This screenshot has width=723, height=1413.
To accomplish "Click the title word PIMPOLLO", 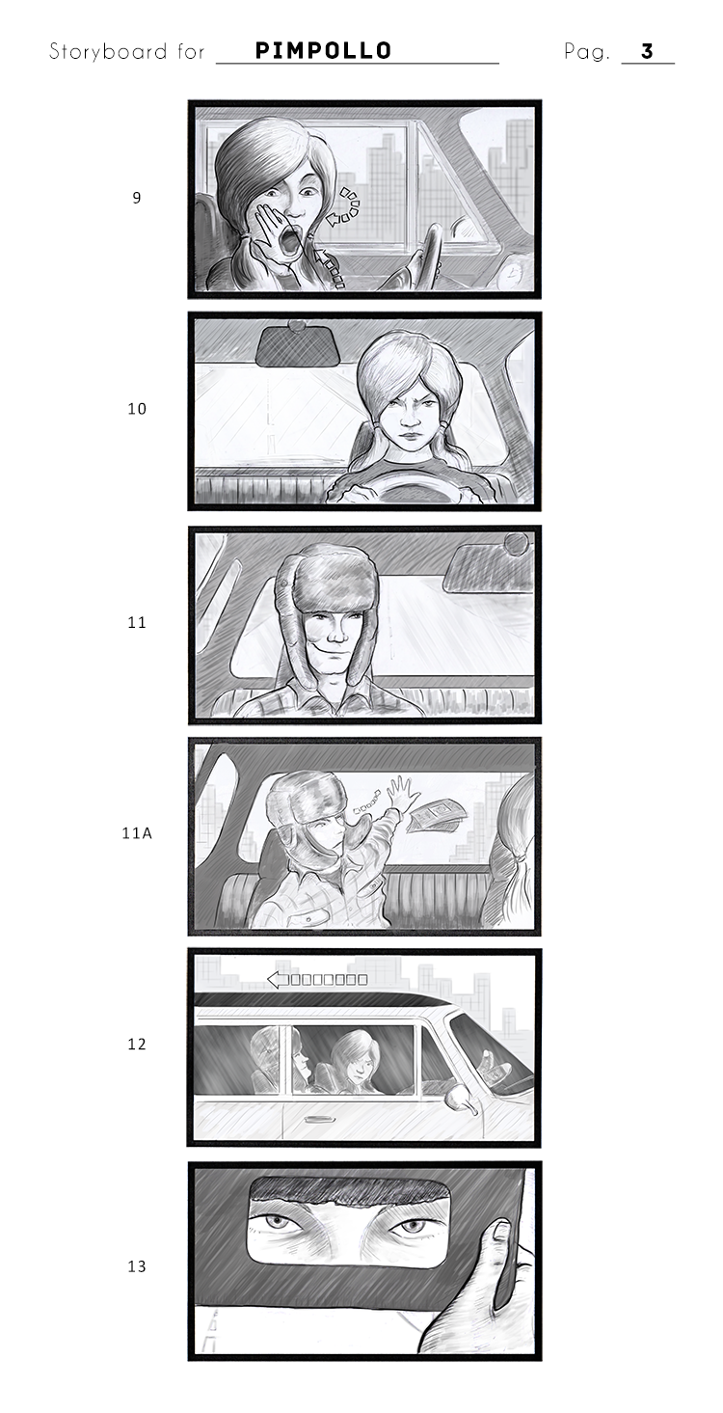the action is coord(323,50).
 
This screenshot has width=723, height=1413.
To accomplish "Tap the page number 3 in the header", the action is coord(648,51).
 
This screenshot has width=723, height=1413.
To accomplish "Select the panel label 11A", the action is coord(137,833).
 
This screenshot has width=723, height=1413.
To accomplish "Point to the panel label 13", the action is coord(137,1266).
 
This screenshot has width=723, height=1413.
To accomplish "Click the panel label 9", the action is coord(137,198).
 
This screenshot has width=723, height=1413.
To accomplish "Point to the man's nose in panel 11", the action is coord(337,634).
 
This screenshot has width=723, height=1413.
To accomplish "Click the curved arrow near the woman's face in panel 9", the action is coord(344,205).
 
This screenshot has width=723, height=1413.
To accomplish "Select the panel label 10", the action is coord(137,409).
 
